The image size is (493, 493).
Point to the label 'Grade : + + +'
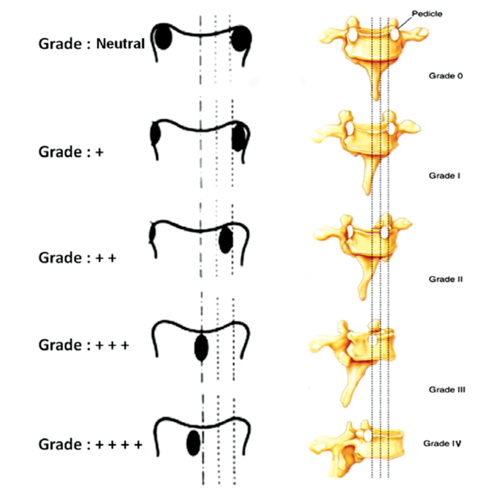[84, 345]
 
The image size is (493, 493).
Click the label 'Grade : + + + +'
[91, 445]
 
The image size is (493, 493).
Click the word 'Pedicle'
[427, 14]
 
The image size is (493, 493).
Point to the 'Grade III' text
[447, 389]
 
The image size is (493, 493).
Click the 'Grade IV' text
[441, 445]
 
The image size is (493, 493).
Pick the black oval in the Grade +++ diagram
[201, 348]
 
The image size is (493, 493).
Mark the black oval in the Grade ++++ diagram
[193, 443]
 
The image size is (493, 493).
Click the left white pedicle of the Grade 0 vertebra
[352, 35]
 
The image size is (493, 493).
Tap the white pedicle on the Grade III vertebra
[372, 341]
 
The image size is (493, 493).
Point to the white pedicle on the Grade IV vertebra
[366, 434]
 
